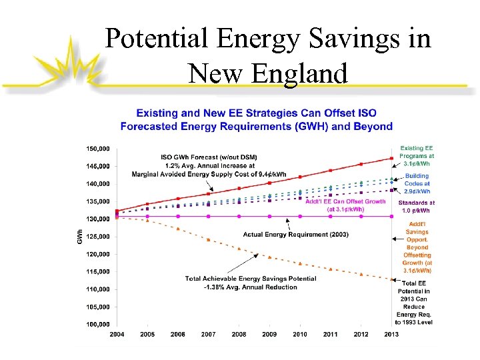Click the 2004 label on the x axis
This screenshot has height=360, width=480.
click(x=116, y=335)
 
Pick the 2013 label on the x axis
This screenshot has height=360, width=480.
click(x=391, y=335)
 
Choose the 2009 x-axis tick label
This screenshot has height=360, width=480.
click(x=269, y=335)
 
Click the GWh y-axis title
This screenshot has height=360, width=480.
click(x=80, y=237)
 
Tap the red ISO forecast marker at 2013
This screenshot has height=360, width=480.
click(x=391, y=158)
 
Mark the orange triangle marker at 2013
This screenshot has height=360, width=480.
click(x=391, y=279)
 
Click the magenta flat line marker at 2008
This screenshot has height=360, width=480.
click(x=239, y=216)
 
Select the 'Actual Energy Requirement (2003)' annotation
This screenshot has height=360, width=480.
click(x=295, y=234)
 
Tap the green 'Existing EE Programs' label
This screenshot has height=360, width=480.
click(x=415, y=156)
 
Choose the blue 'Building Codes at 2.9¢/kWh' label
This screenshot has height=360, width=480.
click(x=417, y=183)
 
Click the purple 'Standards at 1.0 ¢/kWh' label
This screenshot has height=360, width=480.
click(x=417, y=206)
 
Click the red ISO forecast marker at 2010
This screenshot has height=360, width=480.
click(x=300, y=177)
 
